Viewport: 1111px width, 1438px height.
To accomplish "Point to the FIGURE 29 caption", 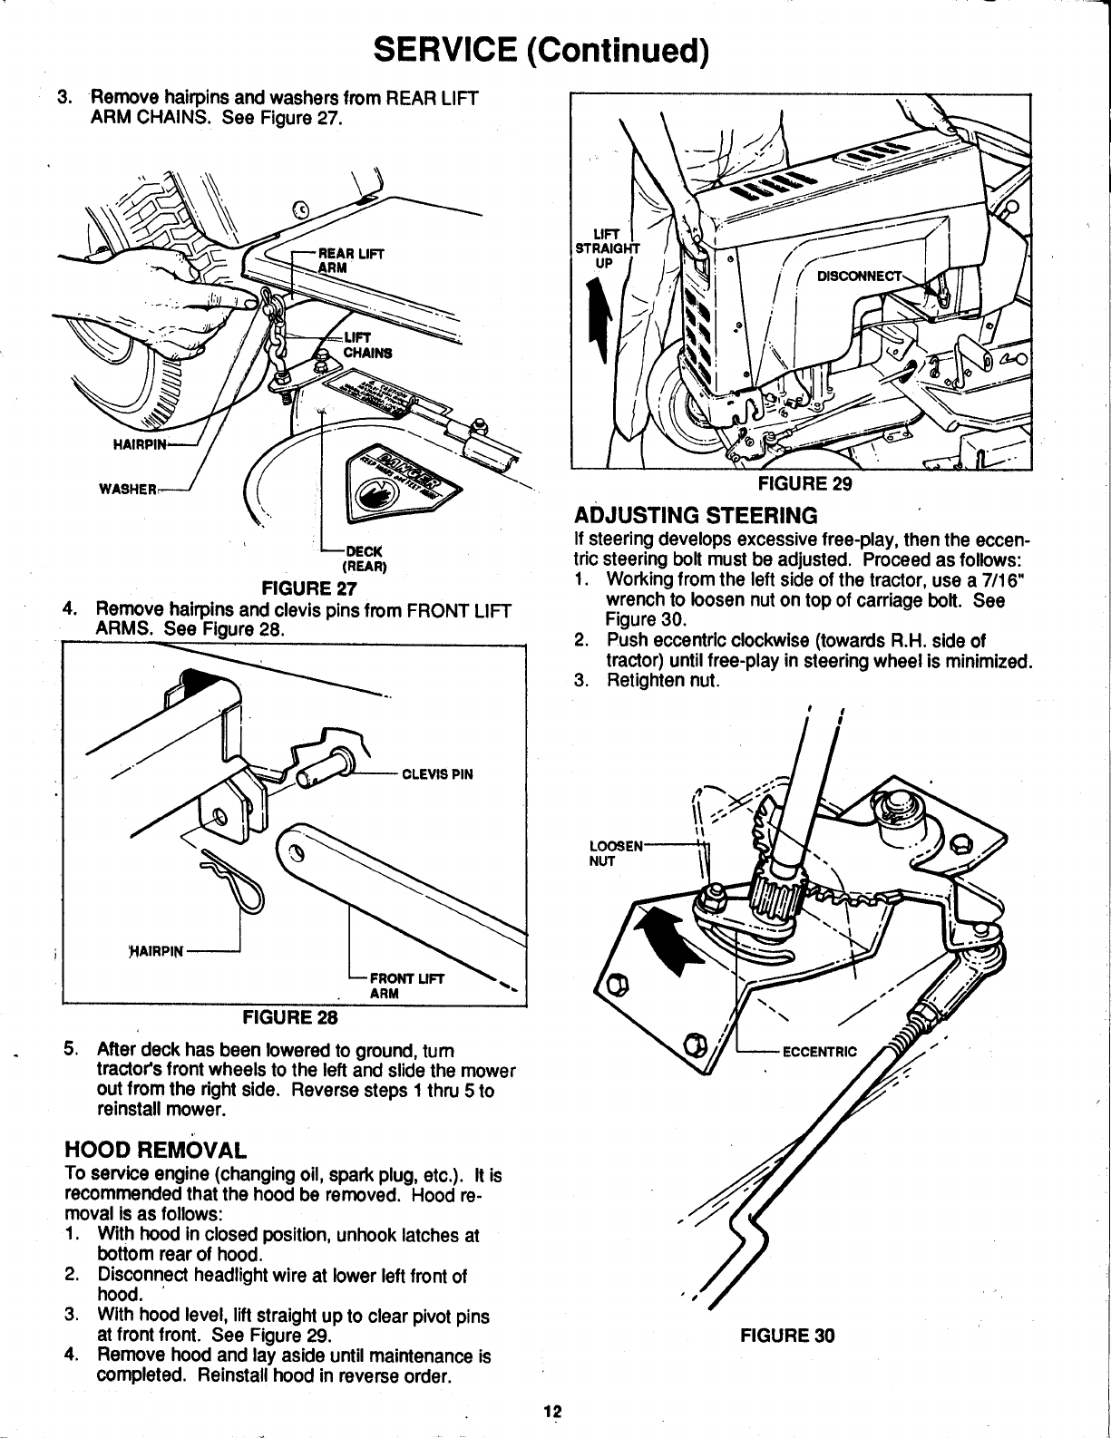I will (804, 483).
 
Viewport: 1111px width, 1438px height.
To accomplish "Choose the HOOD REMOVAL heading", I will (155, 1151).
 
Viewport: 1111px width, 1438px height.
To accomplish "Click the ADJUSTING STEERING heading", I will (696, 516).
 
